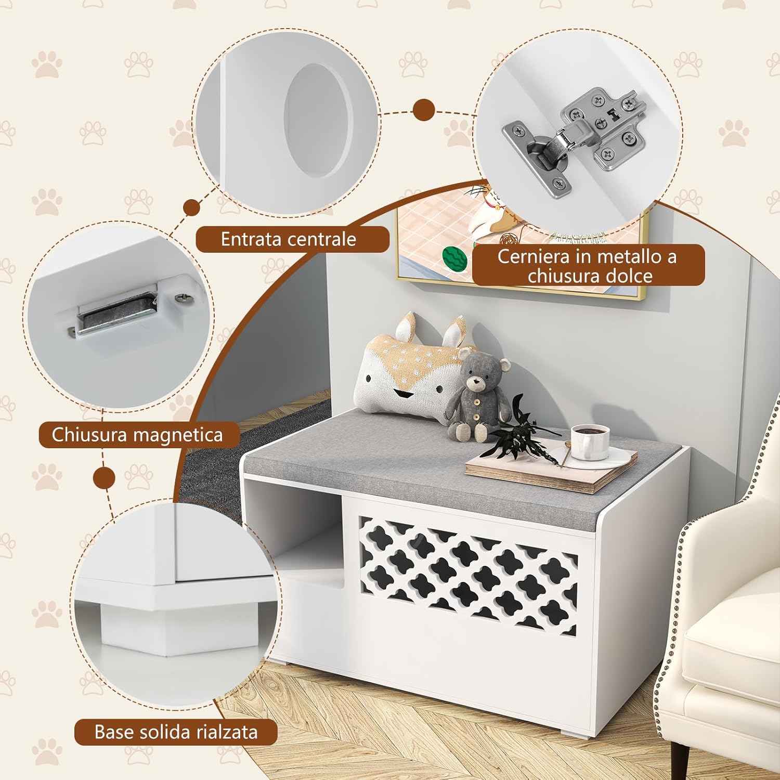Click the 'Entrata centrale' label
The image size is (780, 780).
pos(289,239)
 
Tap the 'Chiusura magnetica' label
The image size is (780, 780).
pos(137,435)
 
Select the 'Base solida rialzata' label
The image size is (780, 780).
pos(176,732)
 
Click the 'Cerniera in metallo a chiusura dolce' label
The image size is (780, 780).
pos(588,266)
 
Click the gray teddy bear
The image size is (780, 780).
pos(474,393)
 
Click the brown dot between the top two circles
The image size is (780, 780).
pos(424,111)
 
